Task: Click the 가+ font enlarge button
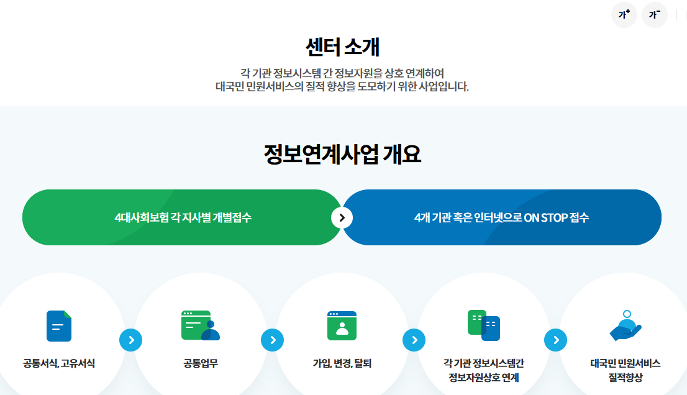pos(624,15)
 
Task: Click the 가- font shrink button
pos(654,15)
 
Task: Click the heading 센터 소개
pos(343,47)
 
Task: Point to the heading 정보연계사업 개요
pos(343,155)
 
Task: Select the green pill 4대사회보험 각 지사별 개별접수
pos(183,217)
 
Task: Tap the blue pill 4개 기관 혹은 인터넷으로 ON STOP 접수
pos(501,217)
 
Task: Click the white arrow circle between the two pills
pos(342,217)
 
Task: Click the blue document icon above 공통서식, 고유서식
pos(59,325)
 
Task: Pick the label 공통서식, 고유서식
pos(59,363)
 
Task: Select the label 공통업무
pos(201,363)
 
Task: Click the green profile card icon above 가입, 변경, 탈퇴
pos(342,325)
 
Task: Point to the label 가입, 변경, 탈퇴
pos(342,363)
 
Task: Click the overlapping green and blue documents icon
pos(483,325)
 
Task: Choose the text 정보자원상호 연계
pos(483,378)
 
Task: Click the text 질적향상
pos(625,378)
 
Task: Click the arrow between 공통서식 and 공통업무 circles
pos(130,340)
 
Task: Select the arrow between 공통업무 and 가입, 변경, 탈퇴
pos(272,340)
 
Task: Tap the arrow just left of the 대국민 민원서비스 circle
pos(555,340)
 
